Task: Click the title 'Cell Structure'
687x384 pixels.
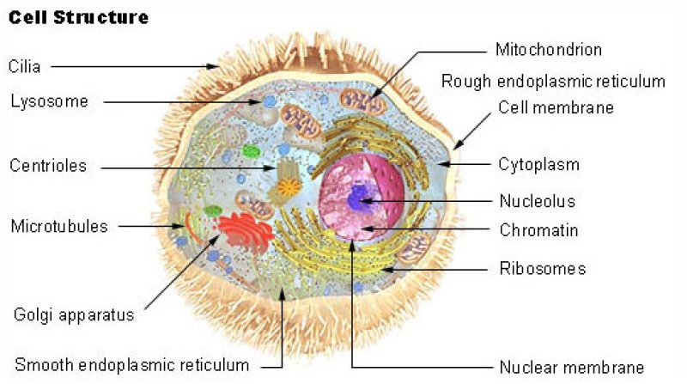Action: point(78,17)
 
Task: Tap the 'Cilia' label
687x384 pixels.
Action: point(25,67)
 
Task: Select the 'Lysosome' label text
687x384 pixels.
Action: point(50,101)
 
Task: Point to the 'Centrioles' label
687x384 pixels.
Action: point(48,166)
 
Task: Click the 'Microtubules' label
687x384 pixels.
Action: point(59,226)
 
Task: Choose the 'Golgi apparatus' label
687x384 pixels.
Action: point(74,315)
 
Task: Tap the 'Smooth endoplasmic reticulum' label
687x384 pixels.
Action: point(132,365)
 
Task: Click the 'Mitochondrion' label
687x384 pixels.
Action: point(549,50)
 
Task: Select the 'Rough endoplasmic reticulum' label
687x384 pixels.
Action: point(553,82)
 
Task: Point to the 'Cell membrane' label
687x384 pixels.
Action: point(556,107)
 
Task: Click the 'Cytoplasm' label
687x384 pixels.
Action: point(539,165)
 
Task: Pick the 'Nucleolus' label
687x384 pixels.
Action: point(538,201)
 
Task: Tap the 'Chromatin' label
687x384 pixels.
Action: point(539,230)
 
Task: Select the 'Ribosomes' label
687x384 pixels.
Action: point(543,268)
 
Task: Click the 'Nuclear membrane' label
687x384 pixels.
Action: point(572,368)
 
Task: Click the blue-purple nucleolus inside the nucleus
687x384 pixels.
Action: point(359,198)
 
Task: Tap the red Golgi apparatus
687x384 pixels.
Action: point(245,231)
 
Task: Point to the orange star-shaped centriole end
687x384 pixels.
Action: point(289,187)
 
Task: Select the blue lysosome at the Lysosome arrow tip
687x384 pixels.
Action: point(269,102)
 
